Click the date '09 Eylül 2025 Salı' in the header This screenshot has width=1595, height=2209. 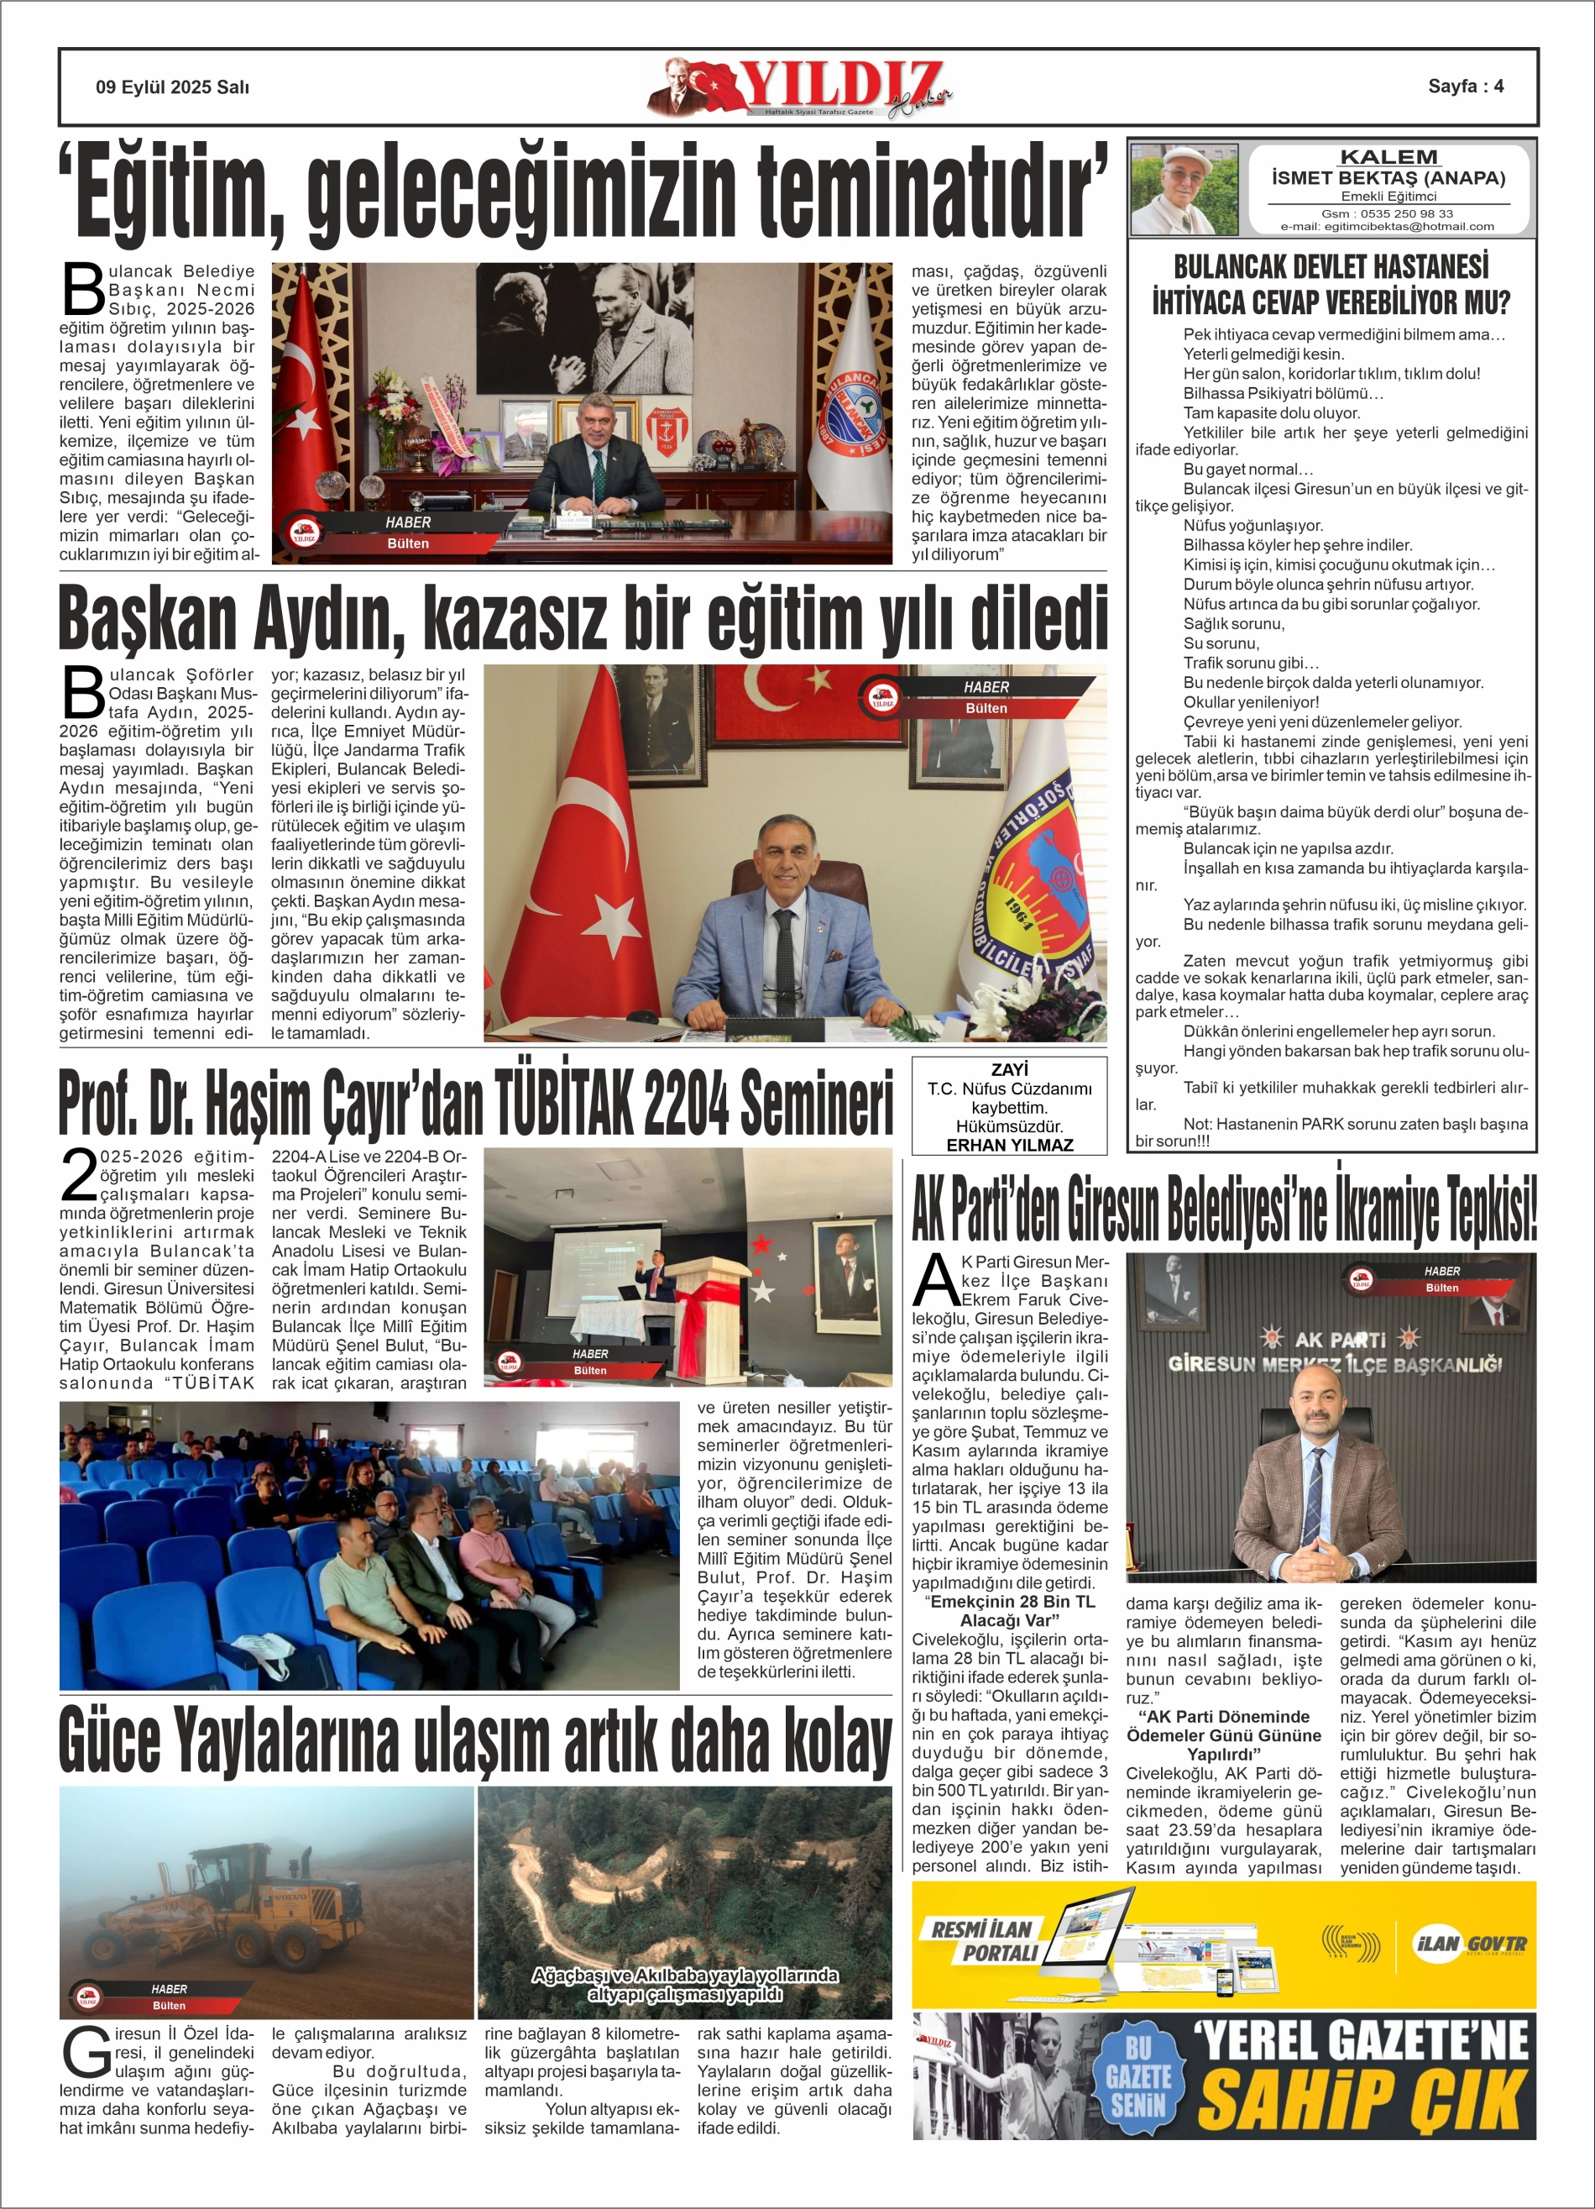point(172,87)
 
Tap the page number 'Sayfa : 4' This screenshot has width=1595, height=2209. point(1466,86)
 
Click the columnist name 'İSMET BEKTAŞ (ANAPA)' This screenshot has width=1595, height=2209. point(1388,177)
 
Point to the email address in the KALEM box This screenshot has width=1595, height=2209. point(1387,226)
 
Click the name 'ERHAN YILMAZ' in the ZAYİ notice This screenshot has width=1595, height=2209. point(1009,1146)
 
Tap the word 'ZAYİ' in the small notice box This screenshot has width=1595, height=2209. point(1009,1069)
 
